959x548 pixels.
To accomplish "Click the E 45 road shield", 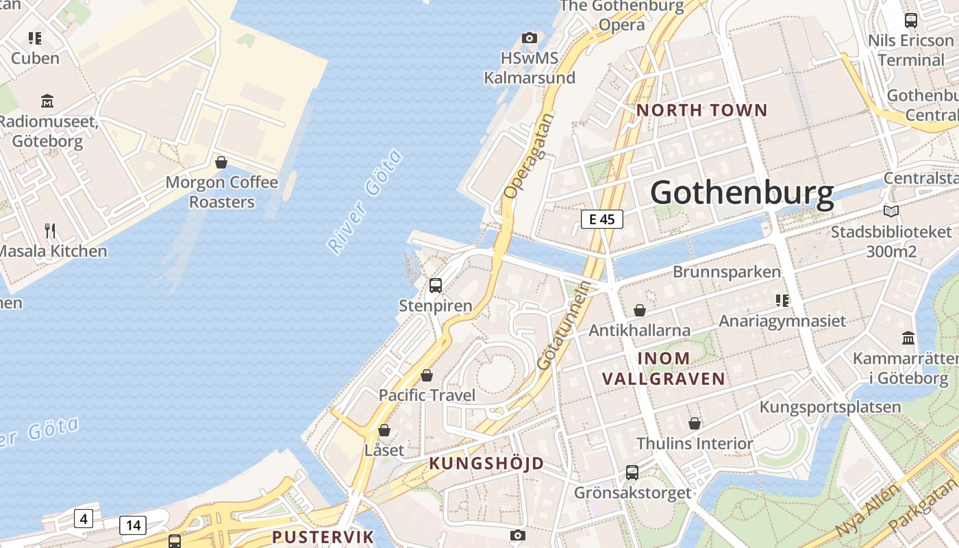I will (x=602, y=219).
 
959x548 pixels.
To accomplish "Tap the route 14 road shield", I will (x=133, y=525).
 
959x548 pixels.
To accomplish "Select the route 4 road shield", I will (x=84, y=519).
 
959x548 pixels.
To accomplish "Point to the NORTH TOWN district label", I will (x=702, y=110).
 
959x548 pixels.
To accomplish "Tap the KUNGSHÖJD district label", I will (x=486, y=464).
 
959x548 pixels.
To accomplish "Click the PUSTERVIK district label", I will (x=323, y=536).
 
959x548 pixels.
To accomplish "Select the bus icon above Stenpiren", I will (x=436, y=286).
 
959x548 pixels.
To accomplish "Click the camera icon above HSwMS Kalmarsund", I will (x=530, y=38).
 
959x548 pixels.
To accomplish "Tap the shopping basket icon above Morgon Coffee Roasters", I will (x=221, y=162).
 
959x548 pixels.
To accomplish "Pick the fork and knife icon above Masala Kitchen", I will (x=50, y=230).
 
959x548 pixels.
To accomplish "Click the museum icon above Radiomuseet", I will (x=47, y=101).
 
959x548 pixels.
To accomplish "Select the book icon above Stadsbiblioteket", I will (x=891, y=211).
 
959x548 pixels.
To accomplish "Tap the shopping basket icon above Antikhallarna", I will (x=640, y=310).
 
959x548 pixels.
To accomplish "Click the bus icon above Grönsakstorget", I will (x=632, y=472).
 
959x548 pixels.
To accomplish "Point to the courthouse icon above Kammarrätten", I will (x=908, y=338).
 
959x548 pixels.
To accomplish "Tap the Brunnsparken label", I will (x=726, y=272).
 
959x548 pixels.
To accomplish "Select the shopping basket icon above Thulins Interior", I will (x=695, y=423).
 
